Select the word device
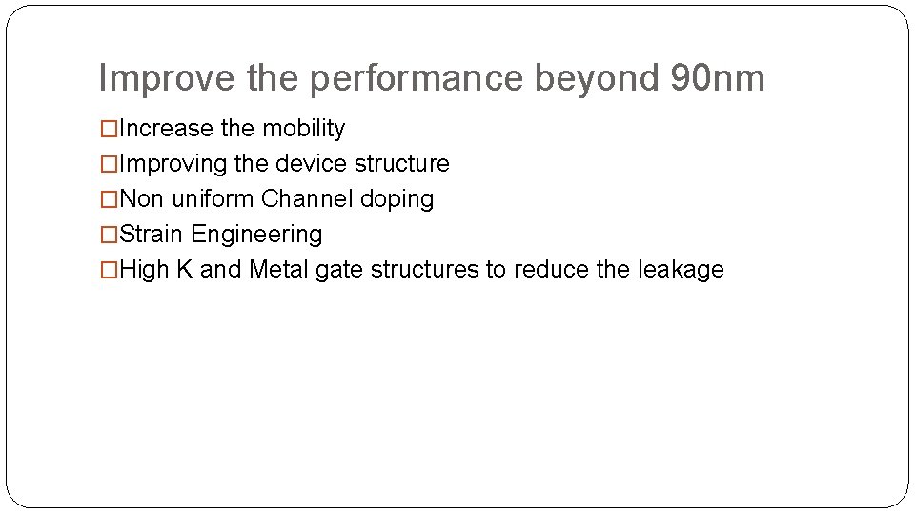(312, 164)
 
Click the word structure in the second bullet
(401, 164)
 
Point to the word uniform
(213, 199)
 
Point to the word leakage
(680, 271)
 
